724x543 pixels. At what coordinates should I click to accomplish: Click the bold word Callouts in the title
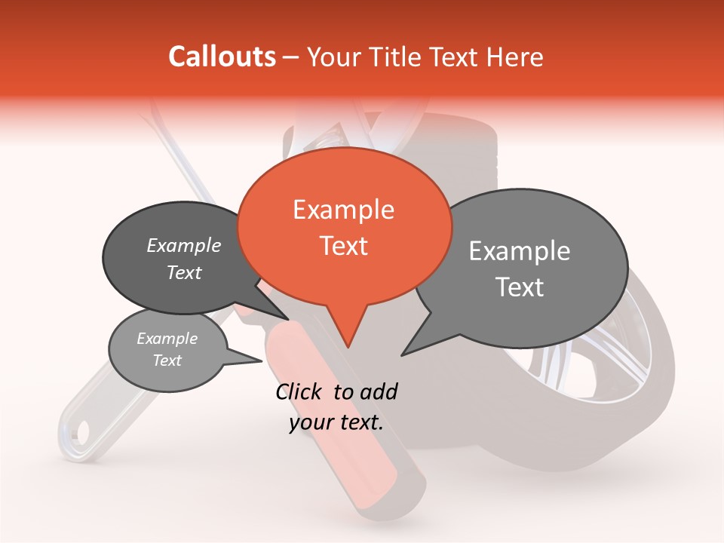tap(222, 57)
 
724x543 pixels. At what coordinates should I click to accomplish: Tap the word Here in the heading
tap(514, 57)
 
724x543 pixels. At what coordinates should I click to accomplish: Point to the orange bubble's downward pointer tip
tap(347, 347)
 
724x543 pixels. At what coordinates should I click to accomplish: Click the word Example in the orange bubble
tap(343, 210)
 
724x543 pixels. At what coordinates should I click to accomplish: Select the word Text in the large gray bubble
tap(520, 287)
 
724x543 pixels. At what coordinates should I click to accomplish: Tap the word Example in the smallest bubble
tap(167, 339)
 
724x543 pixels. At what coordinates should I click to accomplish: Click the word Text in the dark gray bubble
tap(184, 273)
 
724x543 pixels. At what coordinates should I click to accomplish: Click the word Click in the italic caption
tap(299, 391)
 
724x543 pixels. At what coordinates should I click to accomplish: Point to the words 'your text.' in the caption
tap(336, 422)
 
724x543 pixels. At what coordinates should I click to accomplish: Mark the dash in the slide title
tap(292, 57)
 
